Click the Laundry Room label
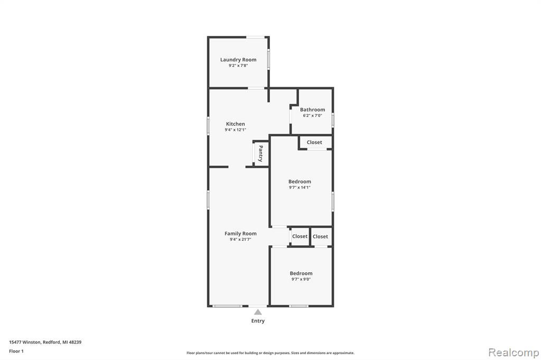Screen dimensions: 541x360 coord(238,60)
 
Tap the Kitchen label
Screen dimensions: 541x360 coord(235,124)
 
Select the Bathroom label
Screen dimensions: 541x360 coord(312,110)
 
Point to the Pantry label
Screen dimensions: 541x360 coord(260,154)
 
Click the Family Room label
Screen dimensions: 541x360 coord(240,233)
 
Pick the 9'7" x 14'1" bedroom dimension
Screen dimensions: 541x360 coord(300,187)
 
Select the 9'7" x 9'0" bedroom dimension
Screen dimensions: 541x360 coord(301,279)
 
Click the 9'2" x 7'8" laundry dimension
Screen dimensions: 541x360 coord(238,65)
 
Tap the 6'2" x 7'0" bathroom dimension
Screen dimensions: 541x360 coord(312,116)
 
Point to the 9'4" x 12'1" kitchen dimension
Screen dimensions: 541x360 coord(235,130)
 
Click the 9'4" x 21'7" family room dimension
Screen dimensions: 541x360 coord(240,239)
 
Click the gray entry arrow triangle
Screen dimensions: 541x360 coord(258,312)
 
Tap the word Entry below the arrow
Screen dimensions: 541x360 coord(258,321)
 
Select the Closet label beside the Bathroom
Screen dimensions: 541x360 coord(314,142)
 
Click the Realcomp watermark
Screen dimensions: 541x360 coord(514,353)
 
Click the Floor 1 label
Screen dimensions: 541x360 coord(16,351)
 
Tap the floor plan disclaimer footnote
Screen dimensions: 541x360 coord(270,353)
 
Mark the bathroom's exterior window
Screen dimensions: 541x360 coord(333,120)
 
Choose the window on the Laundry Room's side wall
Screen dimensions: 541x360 coord(268,59)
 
